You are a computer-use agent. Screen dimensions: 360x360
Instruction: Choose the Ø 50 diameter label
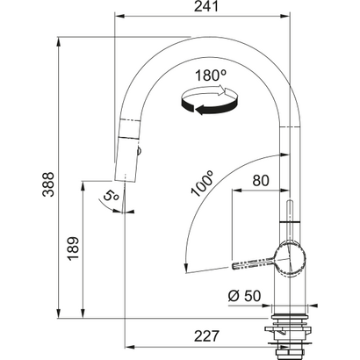pyautogui.click(x=238, y=296)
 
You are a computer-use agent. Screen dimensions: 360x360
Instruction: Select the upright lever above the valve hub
pyautogui.click(x=288, y=220)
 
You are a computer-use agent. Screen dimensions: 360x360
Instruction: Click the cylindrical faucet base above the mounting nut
pyautogui.click(x=288, y=294)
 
